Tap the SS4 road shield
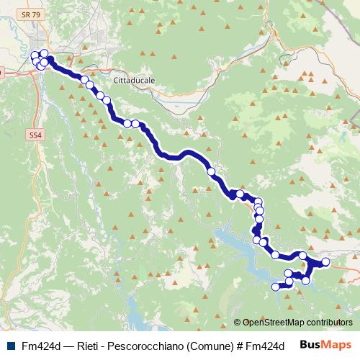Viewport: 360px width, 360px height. coord(35,134)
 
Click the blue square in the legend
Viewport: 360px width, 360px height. coord(9,346)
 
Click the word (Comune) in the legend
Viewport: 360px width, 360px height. coord(209,346)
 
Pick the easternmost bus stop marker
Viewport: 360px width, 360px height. coord(325,262)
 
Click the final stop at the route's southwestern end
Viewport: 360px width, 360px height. coord(275,287)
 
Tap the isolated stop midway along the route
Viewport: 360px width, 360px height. coord(211,171)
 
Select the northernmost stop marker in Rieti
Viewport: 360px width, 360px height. coord(44,53)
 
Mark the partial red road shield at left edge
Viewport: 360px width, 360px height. coord(1,72)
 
